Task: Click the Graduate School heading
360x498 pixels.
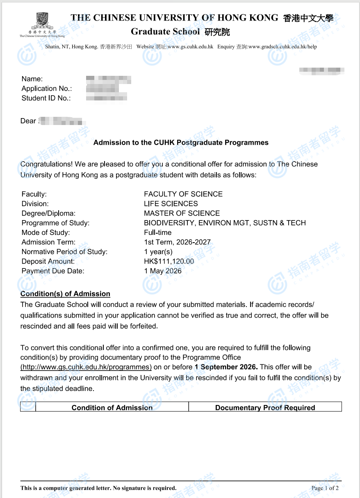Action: tap(165, 32)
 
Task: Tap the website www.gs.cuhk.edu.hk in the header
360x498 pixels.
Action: tap(190, 47)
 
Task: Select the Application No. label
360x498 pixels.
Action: tap(47, 89)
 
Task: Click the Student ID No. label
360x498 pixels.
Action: tap(46, 98)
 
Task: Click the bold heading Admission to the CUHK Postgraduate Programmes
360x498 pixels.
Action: tap(181, 143)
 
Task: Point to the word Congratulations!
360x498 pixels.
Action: tap(46, 164)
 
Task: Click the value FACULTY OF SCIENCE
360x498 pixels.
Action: tap(183, 194)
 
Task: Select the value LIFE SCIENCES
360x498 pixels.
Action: tap(171, 204)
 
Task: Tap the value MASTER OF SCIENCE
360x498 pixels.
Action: tap(182, 213)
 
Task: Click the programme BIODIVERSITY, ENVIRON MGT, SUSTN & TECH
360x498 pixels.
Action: tap(225, 223)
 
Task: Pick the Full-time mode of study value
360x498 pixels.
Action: tap(158, 232)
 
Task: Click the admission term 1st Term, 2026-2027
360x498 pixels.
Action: tap(177, 242)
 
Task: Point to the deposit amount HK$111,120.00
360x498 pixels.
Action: tap(169, 262)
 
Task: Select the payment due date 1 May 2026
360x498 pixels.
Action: tap(162, 271)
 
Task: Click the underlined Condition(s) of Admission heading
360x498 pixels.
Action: tap(65, 294)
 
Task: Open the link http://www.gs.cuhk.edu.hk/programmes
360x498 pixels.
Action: tap(86, 367)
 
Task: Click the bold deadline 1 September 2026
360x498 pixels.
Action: tap(226, 367)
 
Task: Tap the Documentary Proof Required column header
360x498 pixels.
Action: tap(265, 407)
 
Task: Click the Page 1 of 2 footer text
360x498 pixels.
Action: tap(325, 488)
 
